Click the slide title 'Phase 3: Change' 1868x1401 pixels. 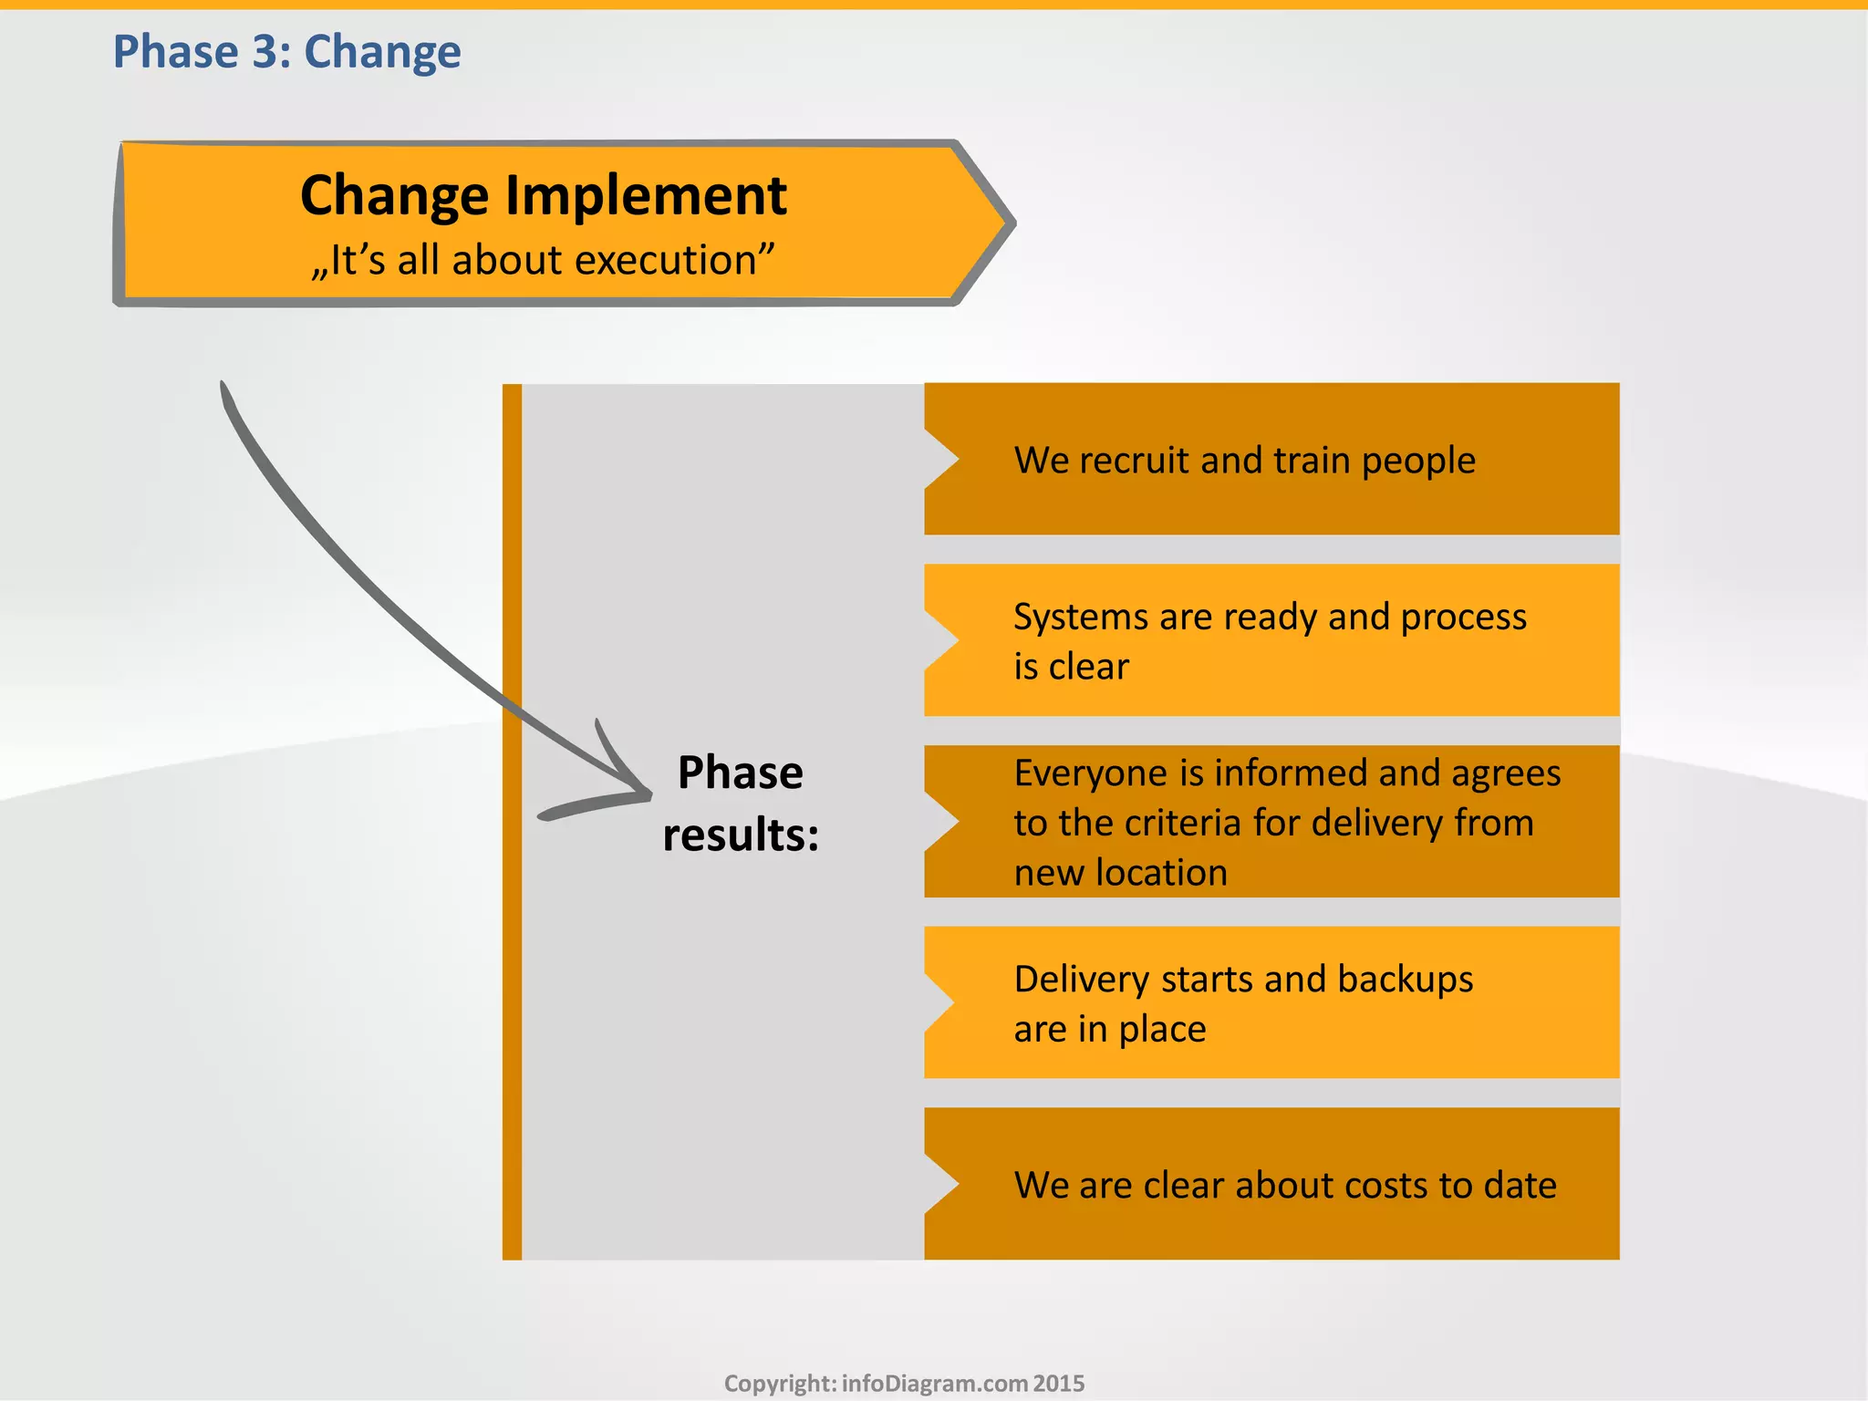click(x=286, y=52)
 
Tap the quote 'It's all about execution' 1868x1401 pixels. click(x=543, y=261)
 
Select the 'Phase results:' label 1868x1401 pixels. click(x=741, y=804)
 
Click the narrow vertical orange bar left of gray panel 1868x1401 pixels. click(x=512, y=821)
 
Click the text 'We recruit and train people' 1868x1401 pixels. click(x=1244, y=460)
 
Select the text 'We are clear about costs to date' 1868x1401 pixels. click(x=1284, y=1185)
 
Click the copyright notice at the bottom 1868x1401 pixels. click(x=904, y=1383)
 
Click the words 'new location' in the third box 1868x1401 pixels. click(x=1120, y=873)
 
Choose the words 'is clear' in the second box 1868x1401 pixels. click(x=1071, y=667)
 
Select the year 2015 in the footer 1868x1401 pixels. click(x=1059, y=1383)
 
